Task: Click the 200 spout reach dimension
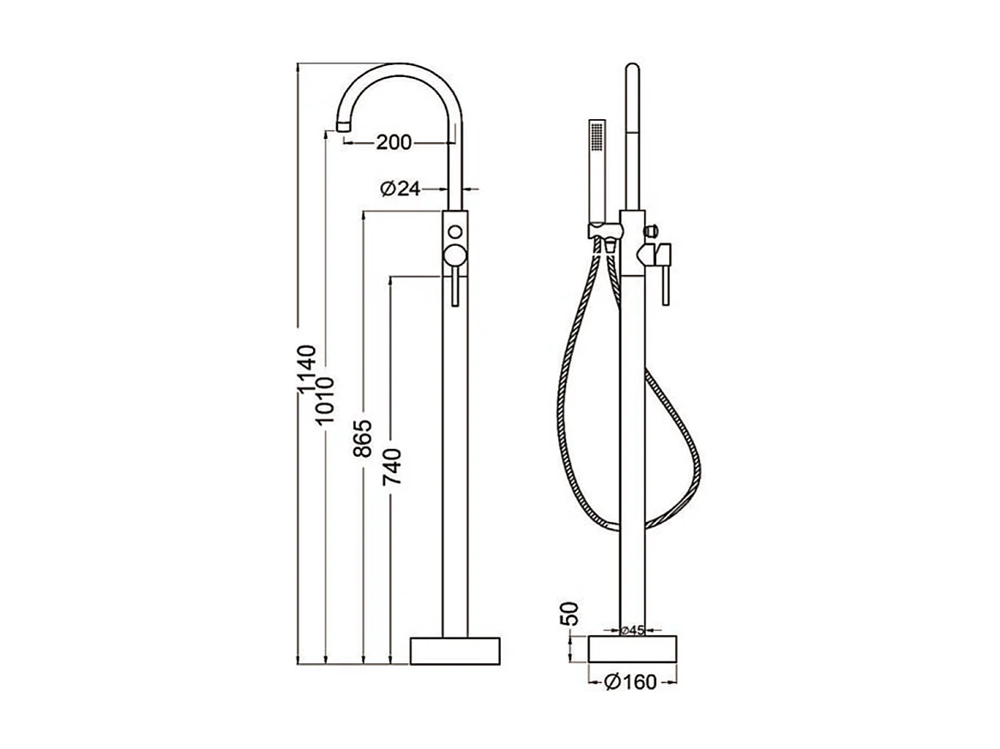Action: [394, 142]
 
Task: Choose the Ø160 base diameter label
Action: [630, 682]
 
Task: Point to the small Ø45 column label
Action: [632, 631]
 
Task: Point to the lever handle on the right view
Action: [666, 274]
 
